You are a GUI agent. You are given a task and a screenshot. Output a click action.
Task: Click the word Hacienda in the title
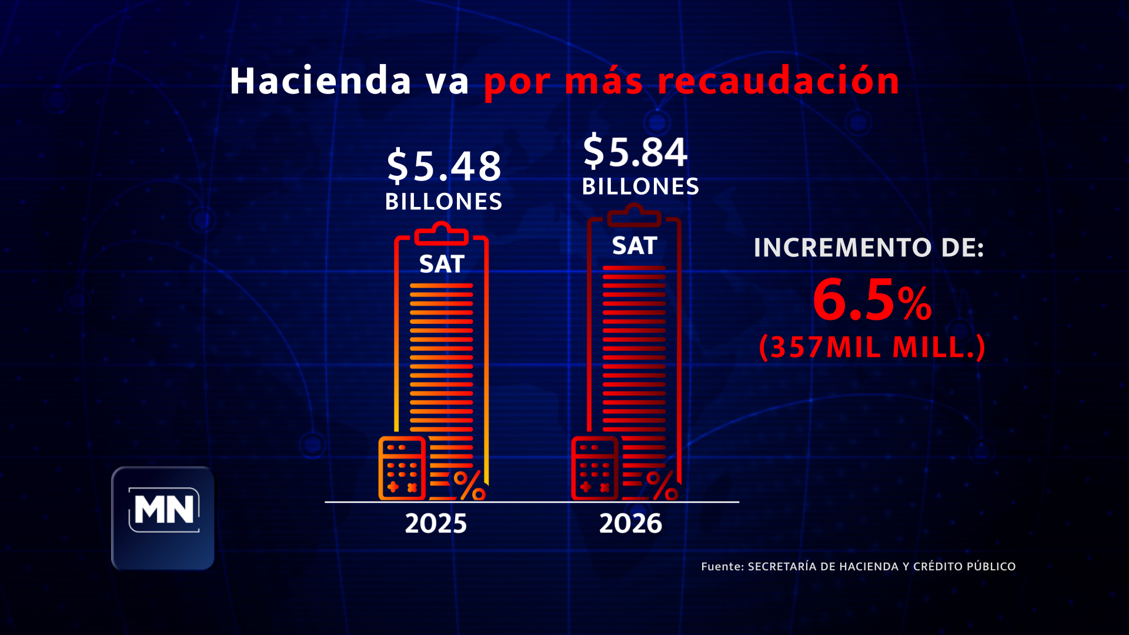(320, 81)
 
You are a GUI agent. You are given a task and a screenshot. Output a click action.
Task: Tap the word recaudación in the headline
(778, 81)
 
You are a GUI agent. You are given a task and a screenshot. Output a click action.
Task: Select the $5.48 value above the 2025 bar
(444, 166)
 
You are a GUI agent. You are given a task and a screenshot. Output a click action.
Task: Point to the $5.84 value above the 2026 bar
(635, 151)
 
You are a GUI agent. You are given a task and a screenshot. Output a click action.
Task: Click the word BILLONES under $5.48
(444, 202)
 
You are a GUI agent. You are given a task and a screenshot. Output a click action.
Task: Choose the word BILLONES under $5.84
(640, 186)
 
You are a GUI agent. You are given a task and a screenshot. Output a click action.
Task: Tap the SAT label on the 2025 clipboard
(442, 264)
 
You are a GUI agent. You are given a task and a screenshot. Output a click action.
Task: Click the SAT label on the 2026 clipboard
(634, 246)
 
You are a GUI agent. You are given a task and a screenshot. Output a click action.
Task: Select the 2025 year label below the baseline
(436, 523)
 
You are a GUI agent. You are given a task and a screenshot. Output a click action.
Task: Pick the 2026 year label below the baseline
(630, 523)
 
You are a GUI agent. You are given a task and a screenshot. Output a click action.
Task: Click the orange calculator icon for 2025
(402, 469)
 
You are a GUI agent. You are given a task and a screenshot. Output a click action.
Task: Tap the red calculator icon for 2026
(594, 469)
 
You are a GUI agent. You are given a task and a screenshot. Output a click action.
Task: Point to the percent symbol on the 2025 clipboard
(469, 485)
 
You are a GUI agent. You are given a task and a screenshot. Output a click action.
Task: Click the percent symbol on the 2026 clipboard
(662, 485)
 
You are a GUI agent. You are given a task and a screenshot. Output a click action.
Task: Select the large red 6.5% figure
(871, 301)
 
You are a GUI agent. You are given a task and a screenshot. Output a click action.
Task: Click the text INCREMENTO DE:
(869, 248)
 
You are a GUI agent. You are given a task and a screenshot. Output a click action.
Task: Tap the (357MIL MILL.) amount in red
(871, 347)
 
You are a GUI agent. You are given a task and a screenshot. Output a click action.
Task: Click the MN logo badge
(163, 517)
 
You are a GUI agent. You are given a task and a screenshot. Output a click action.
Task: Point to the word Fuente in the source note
(722, 566)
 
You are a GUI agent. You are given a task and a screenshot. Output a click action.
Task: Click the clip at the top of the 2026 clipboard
(634, 216)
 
